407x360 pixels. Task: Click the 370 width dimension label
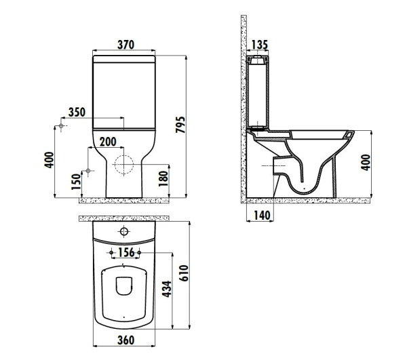point(125,45)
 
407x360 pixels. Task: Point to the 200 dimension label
point(108,141)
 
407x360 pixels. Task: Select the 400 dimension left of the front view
point(48,161)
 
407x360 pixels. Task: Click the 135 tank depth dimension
point(258,45)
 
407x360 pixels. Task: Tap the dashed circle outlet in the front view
point(124,165)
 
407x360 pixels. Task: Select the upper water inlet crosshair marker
point(62,127)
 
